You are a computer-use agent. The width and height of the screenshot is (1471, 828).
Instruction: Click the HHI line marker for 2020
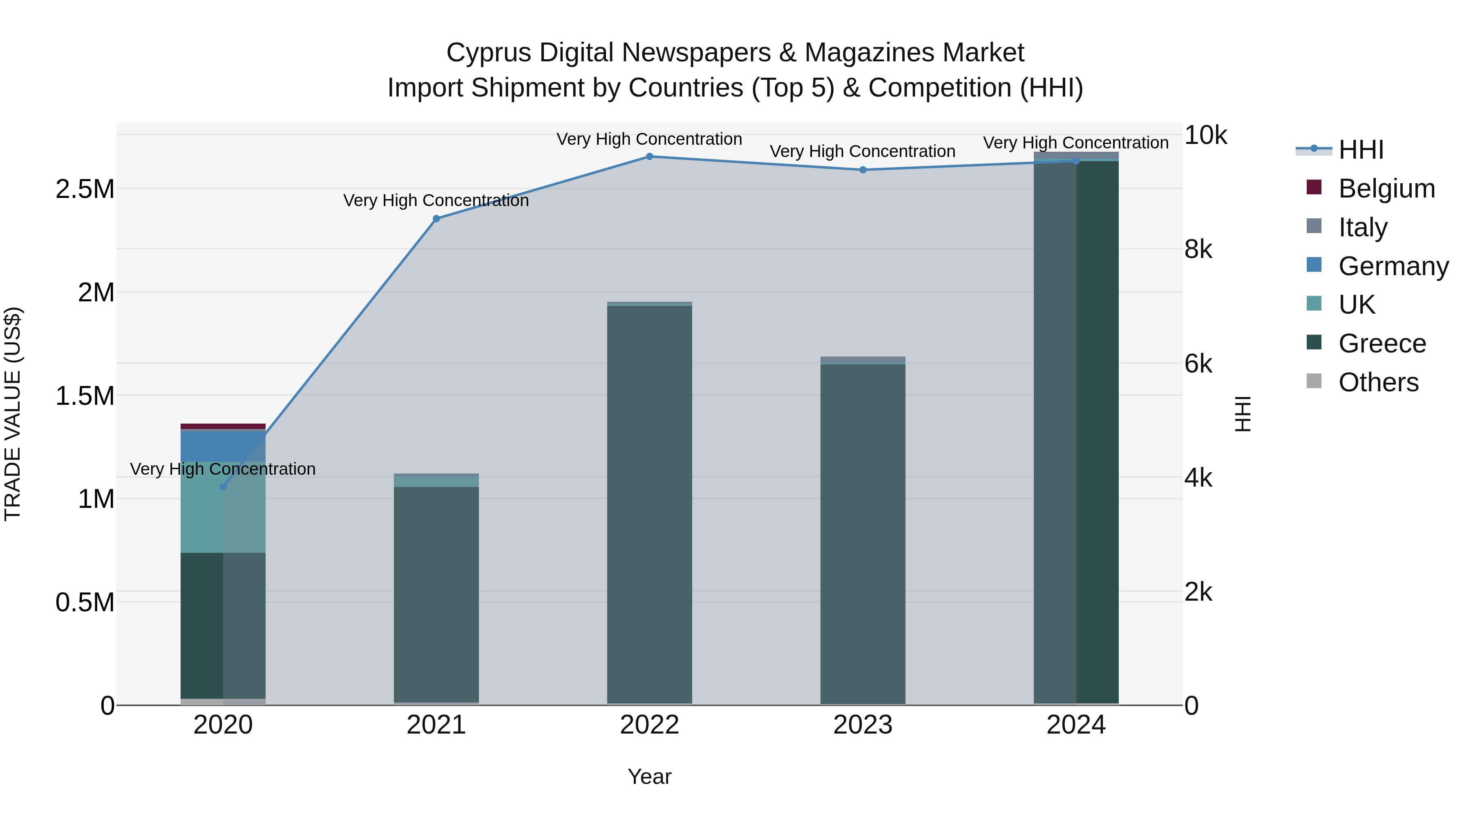(223, 487)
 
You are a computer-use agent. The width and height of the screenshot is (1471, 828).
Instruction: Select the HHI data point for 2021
(436, 218)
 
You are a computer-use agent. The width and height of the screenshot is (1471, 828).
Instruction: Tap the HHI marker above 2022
(649, 157)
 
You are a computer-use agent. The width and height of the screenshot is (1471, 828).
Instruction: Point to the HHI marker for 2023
(863, 170)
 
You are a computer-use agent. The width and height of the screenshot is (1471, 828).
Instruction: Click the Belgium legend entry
(1386, 188)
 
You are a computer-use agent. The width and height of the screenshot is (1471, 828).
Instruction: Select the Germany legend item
(1393, 266)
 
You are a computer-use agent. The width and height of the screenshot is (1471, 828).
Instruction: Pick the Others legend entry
(1378, 382)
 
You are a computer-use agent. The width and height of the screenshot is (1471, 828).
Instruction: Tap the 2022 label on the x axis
(649, 725)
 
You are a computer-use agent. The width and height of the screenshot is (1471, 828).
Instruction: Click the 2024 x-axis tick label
(1076, 725)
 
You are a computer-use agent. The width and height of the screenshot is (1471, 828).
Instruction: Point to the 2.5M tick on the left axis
(85, 189)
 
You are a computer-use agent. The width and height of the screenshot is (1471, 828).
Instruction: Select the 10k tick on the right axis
(1205, 135)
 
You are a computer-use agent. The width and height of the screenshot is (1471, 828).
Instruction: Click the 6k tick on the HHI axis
(1198, 364)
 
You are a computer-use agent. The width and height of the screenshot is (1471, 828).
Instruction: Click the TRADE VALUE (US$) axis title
(13, 414)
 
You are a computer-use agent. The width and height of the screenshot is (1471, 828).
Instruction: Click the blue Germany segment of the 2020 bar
(223, 446)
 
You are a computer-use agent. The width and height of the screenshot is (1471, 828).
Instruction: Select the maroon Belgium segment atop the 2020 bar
(223, 426)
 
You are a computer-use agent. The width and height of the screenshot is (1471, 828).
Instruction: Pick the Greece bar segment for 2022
(649, 503)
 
